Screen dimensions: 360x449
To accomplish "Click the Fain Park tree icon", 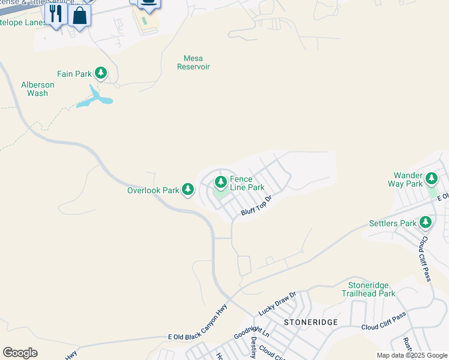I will click(x=101, y=74).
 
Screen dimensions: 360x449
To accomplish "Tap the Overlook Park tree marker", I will click(x=188, y=190).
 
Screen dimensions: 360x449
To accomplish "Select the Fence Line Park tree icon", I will click(x=221, y=181).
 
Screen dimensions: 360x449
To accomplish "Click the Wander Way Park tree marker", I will click(x=432, y=178).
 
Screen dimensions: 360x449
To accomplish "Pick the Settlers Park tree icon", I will click(x=426, y=223).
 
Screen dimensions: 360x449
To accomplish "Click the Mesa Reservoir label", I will click(x=193, y=63).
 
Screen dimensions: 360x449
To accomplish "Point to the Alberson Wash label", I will click(x=38, y=89).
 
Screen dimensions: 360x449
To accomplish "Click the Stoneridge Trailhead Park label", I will click(x=369, y=289).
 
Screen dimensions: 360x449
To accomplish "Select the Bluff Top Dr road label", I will click(x=257, y=206).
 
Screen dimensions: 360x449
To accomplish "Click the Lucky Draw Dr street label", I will click(x=277, y=304).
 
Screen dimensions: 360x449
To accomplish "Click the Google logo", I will click(x=20, y=353).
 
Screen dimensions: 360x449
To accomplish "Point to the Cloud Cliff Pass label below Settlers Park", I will click(x=425, y=258).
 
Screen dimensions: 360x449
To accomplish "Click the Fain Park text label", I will click(x=74, y=74).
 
